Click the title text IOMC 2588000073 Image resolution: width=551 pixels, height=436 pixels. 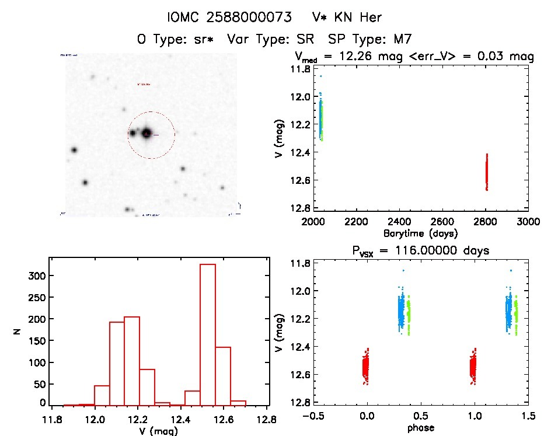(229, 18)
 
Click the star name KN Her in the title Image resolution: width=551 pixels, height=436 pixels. (357, 18)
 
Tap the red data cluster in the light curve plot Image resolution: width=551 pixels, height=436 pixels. (486, 172)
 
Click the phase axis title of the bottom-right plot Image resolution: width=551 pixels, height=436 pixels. (420, 428)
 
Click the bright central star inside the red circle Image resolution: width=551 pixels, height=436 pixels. (146, 134)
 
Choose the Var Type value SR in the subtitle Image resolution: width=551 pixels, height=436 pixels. (304, 40)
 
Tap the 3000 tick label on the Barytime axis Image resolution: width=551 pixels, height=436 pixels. (528, 222)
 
